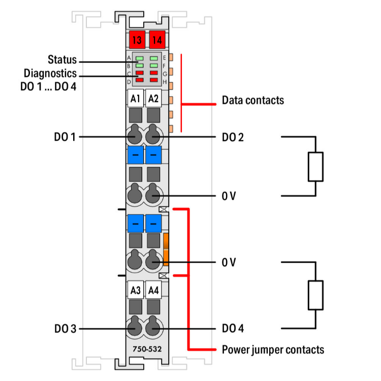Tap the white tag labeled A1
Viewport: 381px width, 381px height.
[x=135, y=99]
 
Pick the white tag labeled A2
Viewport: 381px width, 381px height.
[x=153, y=99]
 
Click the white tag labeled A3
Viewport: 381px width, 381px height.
[x=135, y=291]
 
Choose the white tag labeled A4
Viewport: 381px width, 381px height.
[x=153, y=291]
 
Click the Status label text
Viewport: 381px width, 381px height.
[x=62, y=59]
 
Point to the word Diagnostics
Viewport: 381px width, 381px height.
[x=57, y=73]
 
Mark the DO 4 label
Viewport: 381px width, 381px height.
[x=233, y=329]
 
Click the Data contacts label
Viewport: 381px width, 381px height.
[x=252, y=100]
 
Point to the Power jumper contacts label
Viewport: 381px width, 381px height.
[x=273, y=350]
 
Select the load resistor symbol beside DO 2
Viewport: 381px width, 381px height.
[x=315, y=166]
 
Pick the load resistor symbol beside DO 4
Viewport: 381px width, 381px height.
[x=315, y=295]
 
